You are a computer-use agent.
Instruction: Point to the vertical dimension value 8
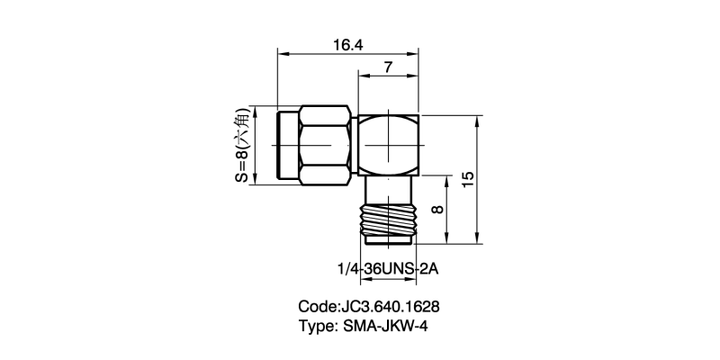438,209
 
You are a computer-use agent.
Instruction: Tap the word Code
316,306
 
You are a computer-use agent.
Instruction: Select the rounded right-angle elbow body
389,144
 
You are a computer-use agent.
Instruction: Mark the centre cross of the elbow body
389,144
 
